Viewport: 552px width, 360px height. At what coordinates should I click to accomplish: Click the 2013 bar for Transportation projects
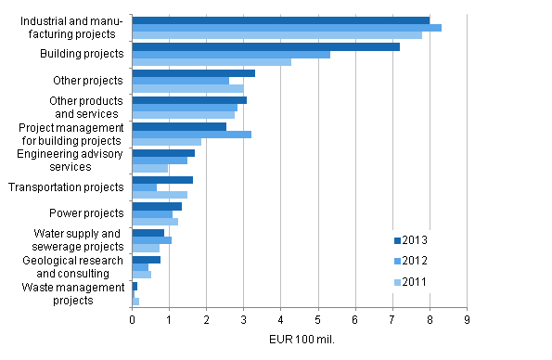162,180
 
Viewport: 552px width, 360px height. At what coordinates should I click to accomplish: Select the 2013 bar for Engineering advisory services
163,153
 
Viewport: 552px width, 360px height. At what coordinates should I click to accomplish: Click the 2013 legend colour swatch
396,240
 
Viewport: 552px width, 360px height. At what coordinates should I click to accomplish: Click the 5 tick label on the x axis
318,319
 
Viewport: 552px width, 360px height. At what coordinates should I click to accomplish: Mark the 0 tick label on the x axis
133,319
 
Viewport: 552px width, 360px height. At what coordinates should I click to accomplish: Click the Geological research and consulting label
77,267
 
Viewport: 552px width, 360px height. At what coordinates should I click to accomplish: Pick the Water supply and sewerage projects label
78,239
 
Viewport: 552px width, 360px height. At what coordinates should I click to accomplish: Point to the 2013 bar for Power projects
157,206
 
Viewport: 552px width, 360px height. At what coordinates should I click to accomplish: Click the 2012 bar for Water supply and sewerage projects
152,240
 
